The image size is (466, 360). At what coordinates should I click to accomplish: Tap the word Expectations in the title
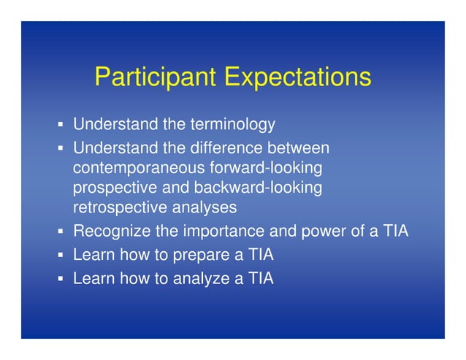pos(297,77)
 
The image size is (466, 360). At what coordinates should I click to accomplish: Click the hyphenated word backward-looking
pos(252,188)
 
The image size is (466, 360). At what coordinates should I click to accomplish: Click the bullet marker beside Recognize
pos(62,233)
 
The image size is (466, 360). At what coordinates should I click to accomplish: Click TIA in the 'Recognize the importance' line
pos(392,232)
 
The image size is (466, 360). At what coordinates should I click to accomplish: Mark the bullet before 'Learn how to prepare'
pos(62,256)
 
